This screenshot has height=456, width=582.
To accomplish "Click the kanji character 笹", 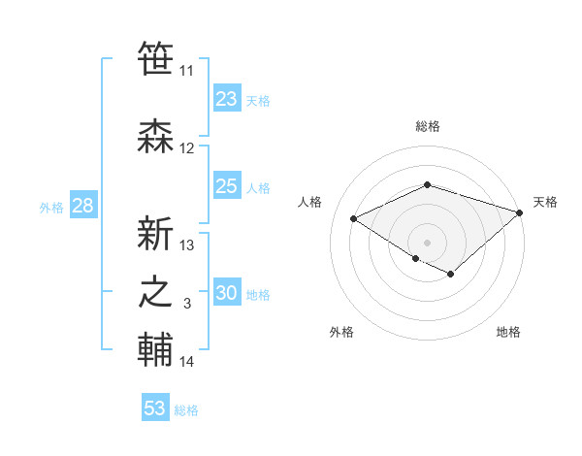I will pyautogui.click(x=156, y=59).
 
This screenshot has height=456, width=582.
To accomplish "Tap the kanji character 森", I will pyautogui.click(x=156, y=137).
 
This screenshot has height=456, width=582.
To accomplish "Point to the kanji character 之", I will pyautogui.click(x=156, y=292).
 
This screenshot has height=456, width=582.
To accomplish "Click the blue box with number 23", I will pyautogui.click(x=227, y=99).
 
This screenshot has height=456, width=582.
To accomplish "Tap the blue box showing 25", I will pyautogui.click(x=227, y=187).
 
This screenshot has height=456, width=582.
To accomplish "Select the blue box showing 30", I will pyautogui.click(x=227, y=294).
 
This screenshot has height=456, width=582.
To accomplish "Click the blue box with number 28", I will pyautogui.click(x=81, y=206).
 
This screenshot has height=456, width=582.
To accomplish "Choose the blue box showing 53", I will pyautogui.click(x=155, y=408).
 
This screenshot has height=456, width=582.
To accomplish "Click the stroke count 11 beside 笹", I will pyautogui.click(x=186, y=71).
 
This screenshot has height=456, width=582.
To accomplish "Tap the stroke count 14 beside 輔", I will pyautogui.click(x=186, y=362).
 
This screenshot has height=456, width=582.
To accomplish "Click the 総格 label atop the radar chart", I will pyautogui.click(x=427, y=126).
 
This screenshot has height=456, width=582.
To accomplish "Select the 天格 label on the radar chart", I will pyautogui.click(x=545, y=202).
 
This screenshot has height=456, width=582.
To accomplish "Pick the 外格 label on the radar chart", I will pyautogui.click(x=341, y=333).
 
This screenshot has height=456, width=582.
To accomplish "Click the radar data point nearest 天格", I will pyautogui.click(x=520, y=212).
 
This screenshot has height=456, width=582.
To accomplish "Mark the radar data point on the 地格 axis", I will pyautogui.click(x=451, y=275).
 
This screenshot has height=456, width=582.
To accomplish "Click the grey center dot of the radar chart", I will pyautogui.click(x=427, y=242).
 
